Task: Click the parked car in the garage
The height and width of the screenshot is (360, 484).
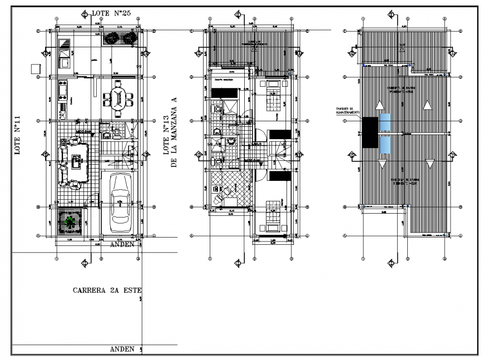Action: coord(121,204)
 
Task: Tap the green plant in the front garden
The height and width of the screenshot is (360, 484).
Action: coord(70,222)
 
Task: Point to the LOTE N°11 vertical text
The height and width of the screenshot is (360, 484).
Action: coord(18,134)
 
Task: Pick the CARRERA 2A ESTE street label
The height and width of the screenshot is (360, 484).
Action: coord(107,290)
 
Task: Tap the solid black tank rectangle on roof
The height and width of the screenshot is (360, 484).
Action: coord(369,132)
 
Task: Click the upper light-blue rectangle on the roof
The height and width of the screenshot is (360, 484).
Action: coord(385,123)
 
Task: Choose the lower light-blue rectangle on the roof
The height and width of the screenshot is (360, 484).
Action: coord(385,145)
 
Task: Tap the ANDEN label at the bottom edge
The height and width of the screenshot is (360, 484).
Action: coord(122,349)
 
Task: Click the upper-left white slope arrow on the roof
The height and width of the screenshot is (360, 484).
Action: coord(379,105)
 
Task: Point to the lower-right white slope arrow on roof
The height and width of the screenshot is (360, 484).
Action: coord(429,163)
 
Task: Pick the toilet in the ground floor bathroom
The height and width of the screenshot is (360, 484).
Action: coord(118,132)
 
